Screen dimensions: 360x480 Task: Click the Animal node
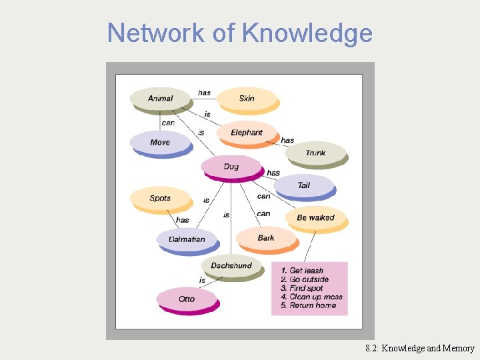(160, 99)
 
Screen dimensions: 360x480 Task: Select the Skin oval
(247, 99)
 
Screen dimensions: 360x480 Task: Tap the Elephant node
(247, 133)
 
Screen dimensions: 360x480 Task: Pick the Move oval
(160, 143)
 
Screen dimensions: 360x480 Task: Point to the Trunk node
(315, 153)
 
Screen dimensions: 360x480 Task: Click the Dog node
(231, 167)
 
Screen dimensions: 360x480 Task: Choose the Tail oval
(303, 185)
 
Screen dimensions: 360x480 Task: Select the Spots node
(160, 198)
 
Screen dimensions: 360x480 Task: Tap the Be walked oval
(315, 218)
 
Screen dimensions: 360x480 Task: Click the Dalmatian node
(187, 239)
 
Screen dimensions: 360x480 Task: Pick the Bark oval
(266, 238)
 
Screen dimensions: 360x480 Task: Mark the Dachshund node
(231, 266)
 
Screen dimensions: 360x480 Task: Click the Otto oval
(187, 299)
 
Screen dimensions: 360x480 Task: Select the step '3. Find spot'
(301, 288)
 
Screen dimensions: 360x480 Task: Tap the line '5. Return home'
(308, 305)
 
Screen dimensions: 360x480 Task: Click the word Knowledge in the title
(308, 33)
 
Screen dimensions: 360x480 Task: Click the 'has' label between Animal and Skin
(204, 93)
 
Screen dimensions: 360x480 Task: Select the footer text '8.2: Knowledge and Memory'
(419, 348)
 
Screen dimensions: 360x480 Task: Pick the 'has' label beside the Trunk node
(287, 140)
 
